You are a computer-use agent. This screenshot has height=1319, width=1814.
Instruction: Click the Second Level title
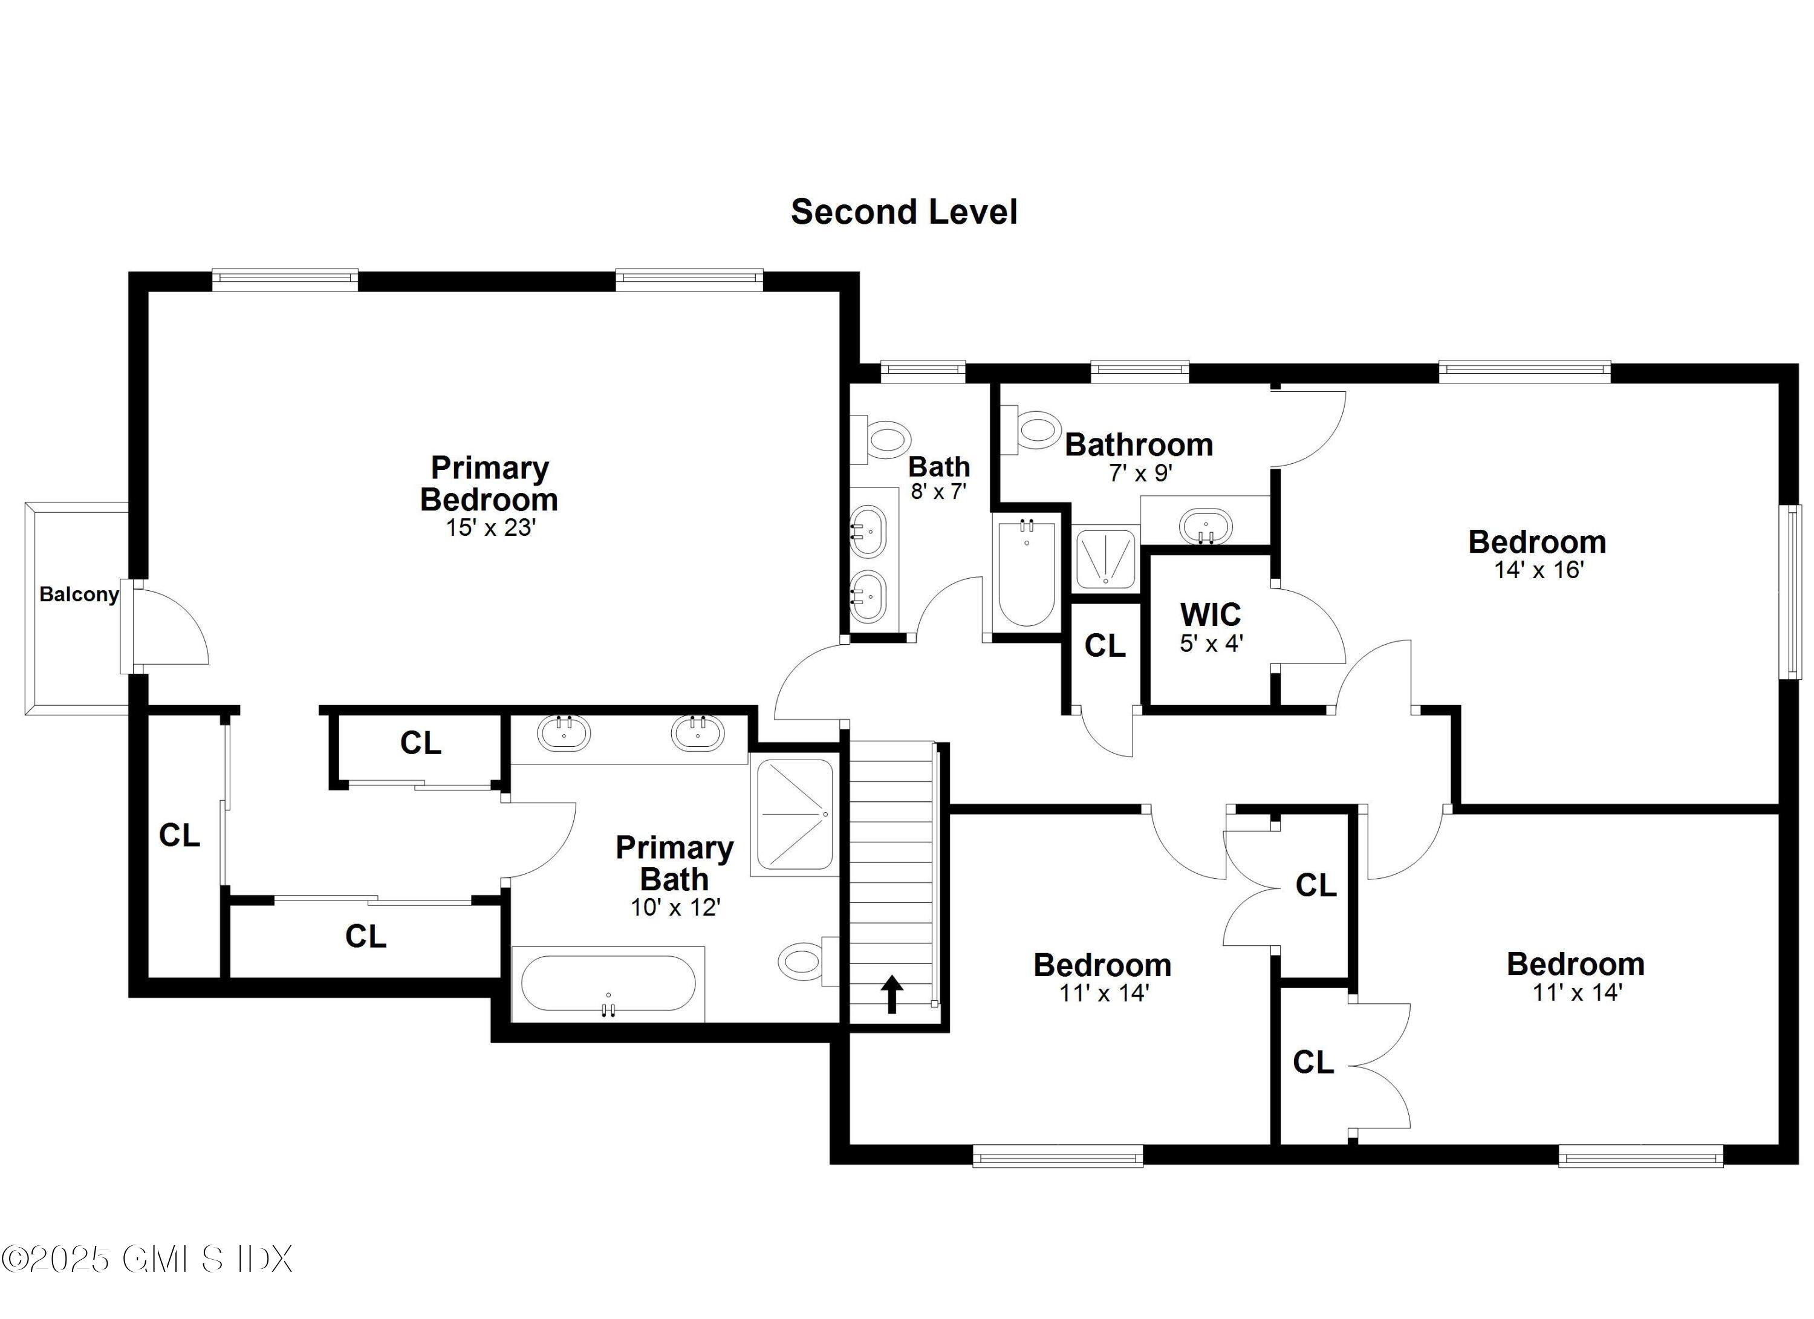[x=904, y=212]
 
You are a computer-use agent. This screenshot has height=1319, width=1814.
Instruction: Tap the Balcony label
[x=79, y=594]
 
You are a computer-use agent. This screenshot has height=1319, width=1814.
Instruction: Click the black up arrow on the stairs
[x=892, y=995]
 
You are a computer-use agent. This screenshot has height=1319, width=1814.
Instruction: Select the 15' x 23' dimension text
[x=490, y=528]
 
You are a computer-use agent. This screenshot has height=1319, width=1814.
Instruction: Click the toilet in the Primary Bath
[x=804, y=960]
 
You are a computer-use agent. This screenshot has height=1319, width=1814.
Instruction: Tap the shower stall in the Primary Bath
[x=794, y=814]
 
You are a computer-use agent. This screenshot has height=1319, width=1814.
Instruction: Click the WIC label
[x=1210, y=614]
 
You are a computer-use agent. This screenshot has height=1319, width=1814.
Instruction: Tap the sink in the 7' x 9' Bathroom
[x=1205, y=526]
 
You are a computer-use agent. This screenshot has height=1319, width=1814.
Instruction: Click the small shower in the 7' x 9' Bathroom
[x=1105, y=558]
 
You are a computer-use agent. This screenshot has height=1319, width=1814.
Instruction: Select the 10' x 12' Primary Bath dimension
[x=676, y=907]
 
